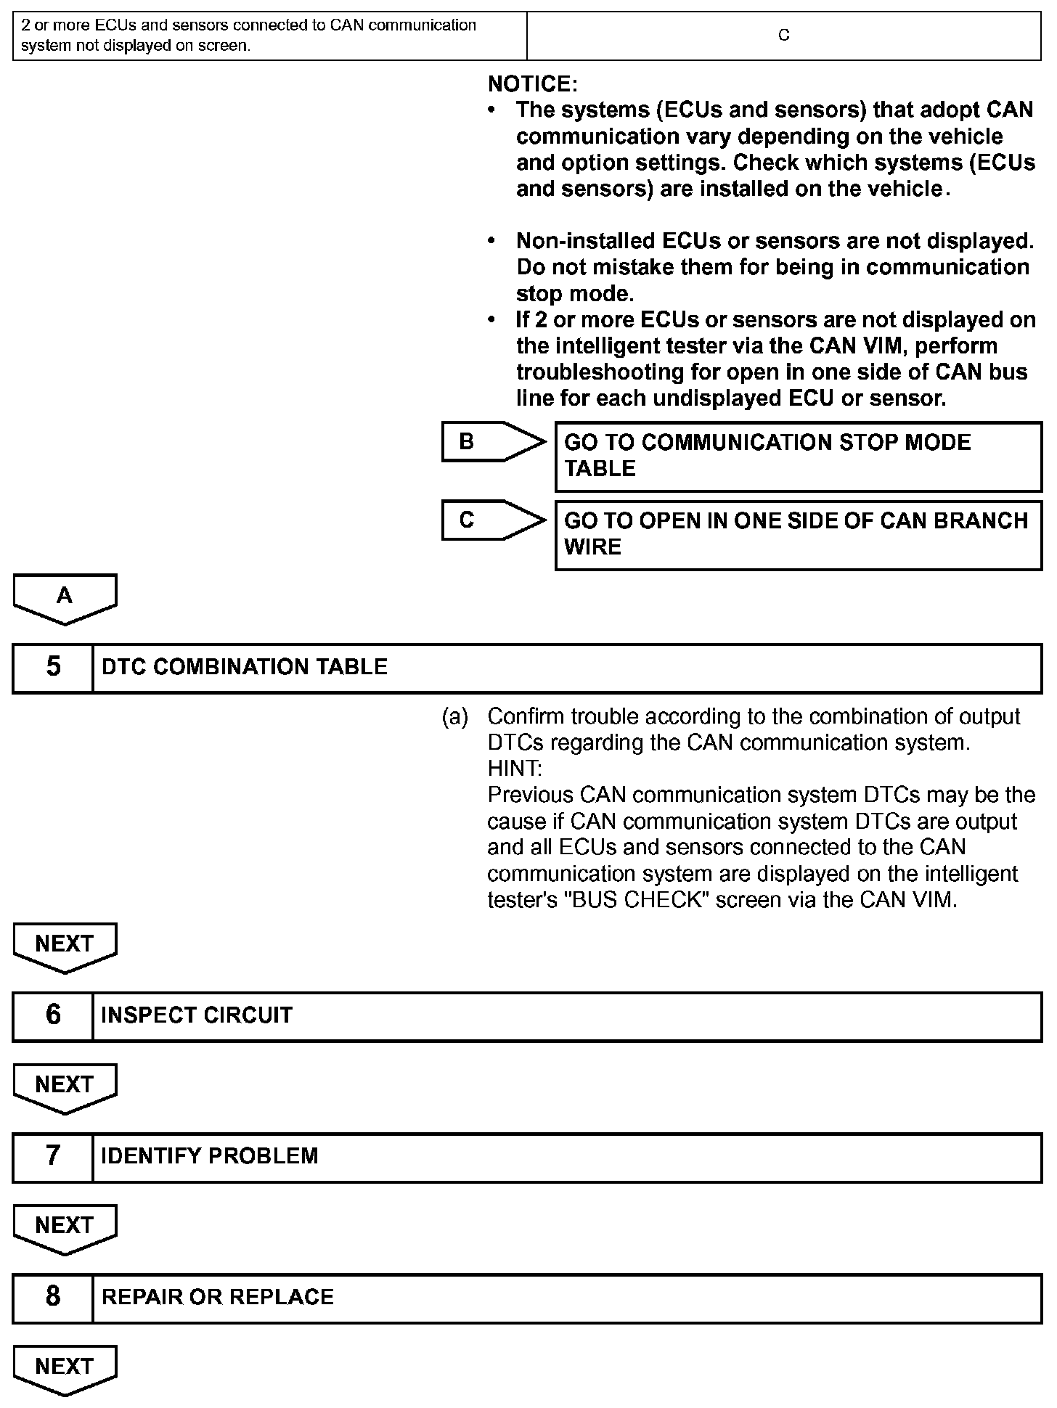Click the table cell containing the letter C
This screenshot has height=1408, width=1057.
click(783, 36)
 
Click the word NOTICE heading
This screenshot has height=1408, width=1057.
click(532, 84)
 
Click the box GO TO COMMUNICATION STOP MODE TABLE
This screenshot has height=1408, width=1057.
click(798, 457)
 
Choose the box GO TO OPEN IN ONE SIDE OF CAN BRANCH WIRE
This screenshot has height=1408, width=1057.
click(798, 535)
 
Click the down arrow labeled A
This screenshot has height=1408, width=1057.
click(65, 597)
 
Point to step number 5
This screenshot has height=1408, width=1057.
click(53, 668)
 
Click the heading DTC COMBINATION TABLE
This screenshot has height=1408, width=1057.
click(245, 668)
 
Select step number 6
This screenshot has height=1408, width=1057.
click(53, 1015)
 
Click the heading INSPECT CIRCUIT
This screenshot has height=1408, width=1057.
click(197, 1015)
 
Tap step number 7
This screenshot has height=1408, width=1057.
click(53, 1156)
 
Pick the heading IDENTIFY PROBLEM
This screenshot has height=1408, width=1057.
click(210, 1156)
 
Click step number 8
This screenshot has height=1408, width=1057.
click(53, 1297)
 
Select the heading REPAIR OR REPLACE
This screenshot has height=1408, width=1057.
click(218, 1297)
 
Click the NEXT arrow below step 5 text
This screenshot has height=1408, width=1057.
click(65, 946)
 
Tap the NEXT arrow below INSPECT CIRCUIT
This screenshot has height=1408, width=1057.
click(65, 1086)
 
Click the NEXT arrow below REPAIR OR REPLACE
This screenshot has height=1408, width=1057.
click(65, 1368)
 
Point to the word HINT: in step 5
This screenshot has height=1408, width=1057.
click(514, 769)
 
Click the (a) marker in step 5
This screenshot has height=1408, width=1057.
click(455, 717)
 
